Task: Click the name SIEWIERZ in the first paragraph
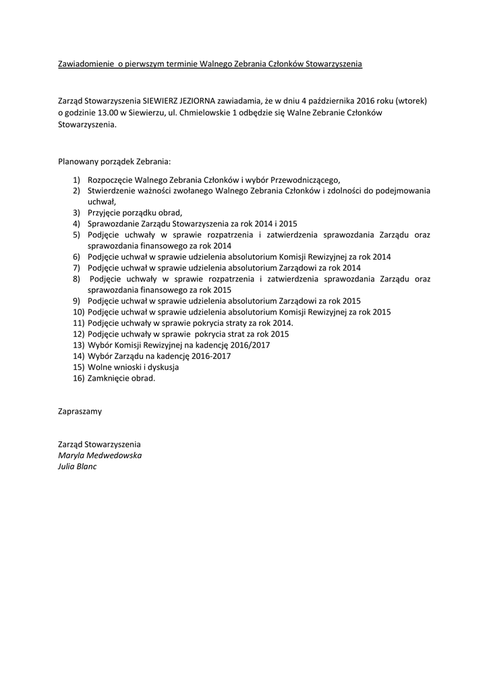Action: (170, 100)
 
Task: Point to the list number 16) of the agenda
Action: (78, 378)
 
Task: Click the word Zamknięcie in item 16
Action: (111, 378)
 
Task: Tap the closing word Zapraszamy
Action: (80, 410)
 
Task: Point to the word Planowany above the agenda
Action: (79, 162)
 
